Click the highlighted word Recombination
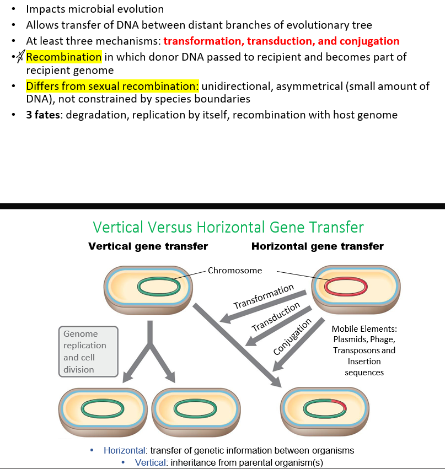click(63, 57)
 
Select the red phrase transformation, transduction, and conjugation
click(281, 41)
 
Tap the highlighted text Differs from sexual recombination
click(112, 87)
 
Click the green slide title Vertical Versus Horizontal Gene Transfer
click(228, 227)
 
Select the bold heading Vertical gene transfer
click(148, 246)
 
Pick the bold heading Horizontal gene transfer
click(317, 246)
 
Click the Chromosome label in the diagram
click(235, 271)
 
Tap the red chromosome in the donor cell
click(346, 286)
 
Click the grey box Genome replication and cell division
click(88, 352)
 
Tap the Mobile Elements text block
click(364, 350)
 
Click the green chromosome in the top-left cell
click(159, 286)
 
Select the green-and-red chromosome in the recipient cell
click(325, 409)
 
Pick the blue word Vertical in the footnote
click(150, 462)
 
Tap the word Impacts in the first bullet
click(45, 9)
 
